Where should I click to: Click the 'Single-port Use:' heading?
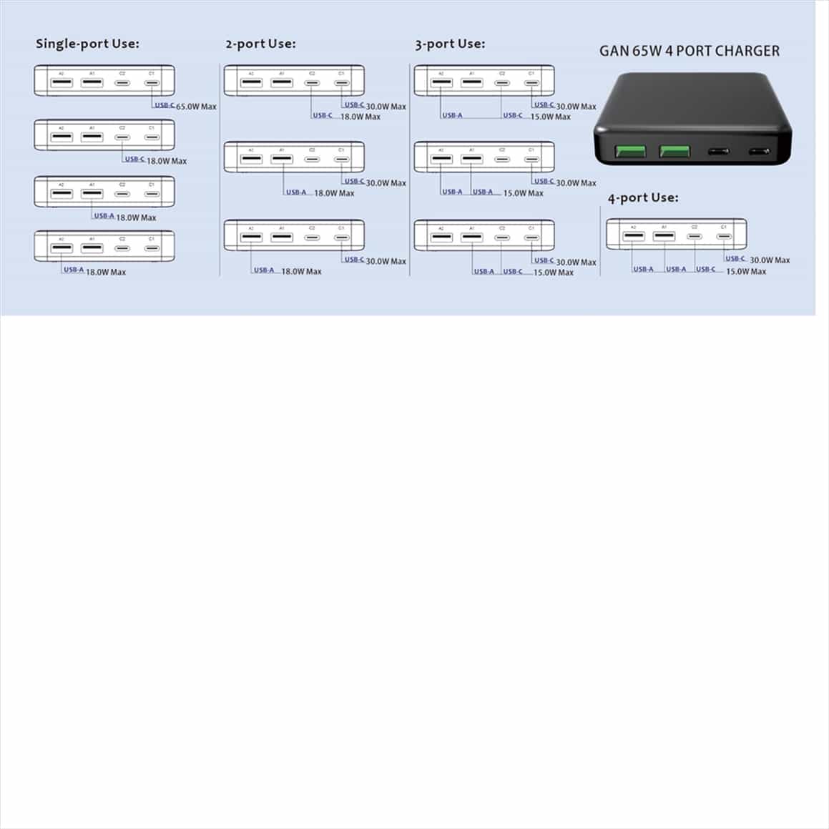[x=87, y=44]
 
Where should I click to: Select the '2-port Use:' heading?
[x=260, y=44]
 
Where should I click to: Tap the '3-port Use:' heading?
[x=450, y=44]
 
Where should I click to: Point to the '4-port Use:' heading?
[x=643, y=197]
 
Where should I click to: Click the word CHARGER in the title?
[x=747, y=51]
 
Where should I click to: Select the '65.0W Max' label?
[x=196, y=107]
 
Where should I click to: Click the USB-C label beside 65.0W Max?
[x=165, y=105]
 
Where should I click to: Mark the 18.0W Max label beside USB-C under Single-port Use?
[x=167, y=161]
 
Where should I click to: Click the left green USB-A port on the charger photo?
[x=630, y=152]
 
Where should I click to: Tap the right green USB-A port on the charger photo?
[x=675, y=152]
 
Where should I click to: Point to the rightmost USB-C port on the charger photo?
[x=760, y=152]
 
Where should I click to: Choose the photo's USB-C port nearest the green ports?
[x=718, y=152]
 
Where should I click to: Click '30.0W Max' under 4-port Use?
[x=770, y=260]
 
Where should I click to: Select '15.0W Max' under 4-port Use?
[x=746, y=272]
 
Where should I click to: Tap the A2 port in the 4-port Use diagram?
[x=633, y=237]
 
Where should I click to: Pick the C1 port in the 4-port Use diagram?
[x=724, y=237]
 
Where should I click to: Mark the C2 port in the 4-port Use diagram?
[x=694, y=237]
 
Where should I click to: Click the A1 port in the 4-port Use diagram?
[x=664, y=237]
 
